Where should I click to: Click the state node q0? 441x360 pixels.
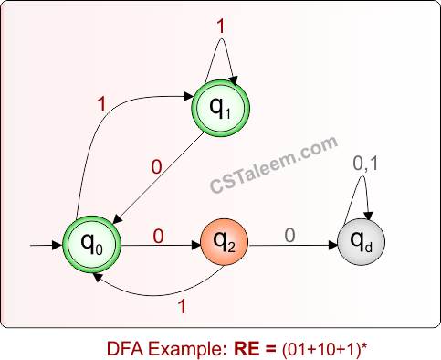91,244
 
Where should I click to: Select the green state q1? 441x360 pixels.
221,110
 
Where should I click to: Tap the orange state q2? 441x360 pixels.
225,244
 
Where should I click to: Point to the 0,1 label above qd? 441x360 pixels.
366,164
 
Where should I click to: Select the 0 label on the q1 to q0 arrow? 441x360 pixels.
155,169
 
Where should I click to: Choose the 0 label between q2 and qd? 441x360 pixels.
289,236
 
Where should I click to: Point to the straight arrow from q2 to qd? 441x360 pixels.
292,246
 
